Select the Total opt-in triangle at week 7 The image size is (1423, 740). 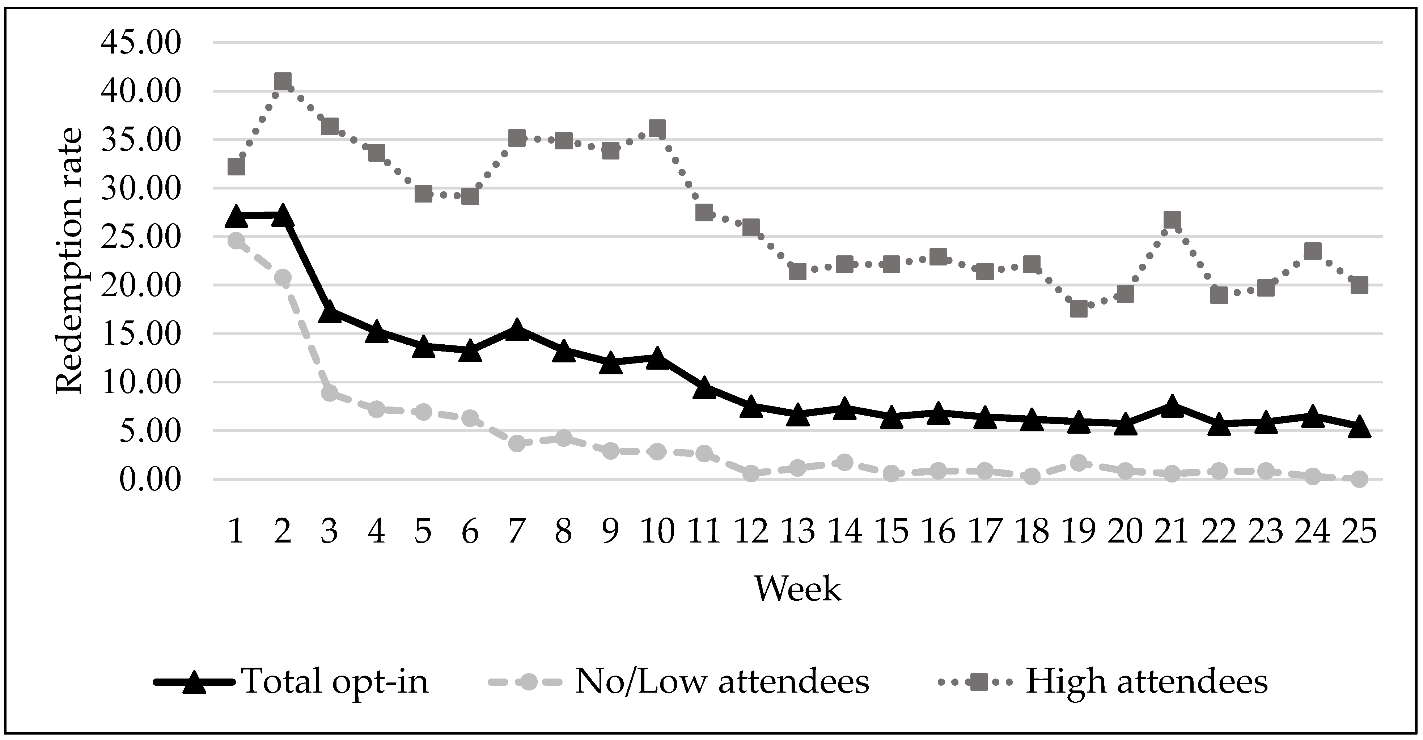point(517,330)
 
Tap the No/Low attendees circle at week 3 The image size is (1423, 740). point(330,393)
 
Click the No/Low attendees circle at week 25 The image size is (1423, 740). point(1359,479)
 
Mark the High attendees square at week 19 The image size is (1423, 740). point(1078,309)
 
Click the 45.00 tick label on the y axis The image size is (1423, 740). point(141,43)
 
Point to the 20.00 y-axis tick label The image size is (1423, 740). point(141,285)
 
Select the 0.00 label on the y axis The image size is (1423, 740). point(149,479)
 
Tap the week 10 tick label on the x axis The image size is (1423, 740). point(657,532)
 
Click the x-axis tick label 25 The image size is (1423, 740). point(1359,532)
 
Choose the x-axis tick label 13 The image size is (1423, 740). point(798,532)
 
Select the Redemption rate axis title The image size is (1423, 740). point(70,261)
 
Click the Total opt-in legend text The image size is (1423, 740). point(335,681)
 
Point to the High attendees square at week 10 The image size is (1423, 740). point(657,129)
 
